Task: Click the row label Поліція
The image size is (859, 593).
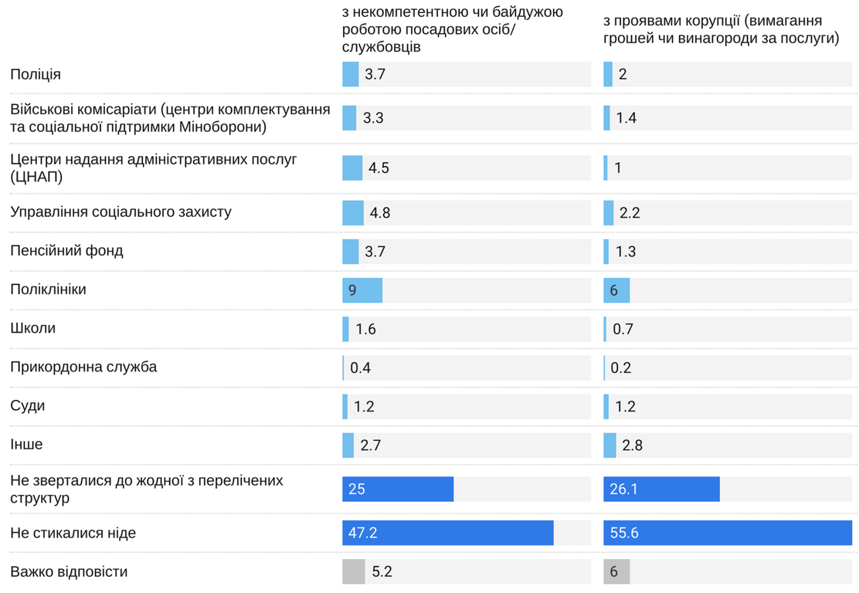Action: [36, 75]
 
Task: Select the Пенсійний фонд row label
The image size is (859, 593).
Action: [66, 251]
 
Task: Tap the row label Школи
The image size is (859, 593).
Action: [32, 328]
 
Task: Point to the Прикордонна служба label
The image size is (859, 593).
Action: [83, 367]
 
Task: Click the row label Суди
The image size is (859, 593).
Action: [27, 405]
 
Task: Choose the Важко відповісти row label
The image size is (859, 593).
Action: [69, 572]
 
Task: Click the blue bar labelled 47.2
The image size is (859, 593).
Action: [447, 534]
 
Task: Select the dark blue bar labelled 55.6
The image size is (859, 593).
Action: [727, 534]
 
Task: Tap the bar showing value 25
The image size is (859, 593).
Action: [398, 490]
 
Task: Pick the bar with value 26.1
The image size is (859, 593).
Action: [661, 490]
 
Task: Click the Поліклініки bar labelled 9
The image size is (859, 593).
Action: [362, 290]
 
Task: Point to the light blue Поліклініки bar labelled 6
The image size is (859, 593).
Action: [616, 290]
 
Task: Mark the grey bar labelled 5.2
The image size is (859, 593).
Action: [353, 572]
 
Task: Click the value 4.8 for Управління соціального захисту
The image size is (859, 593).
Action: [380, 213]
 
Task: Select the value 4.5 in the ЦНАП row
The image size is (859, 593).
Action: [379, 168]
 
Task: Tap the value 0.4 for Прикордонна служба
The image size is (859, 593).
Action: [360, 368]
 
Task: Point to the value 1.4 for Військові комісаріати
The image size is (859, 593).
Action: [626, 118]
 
